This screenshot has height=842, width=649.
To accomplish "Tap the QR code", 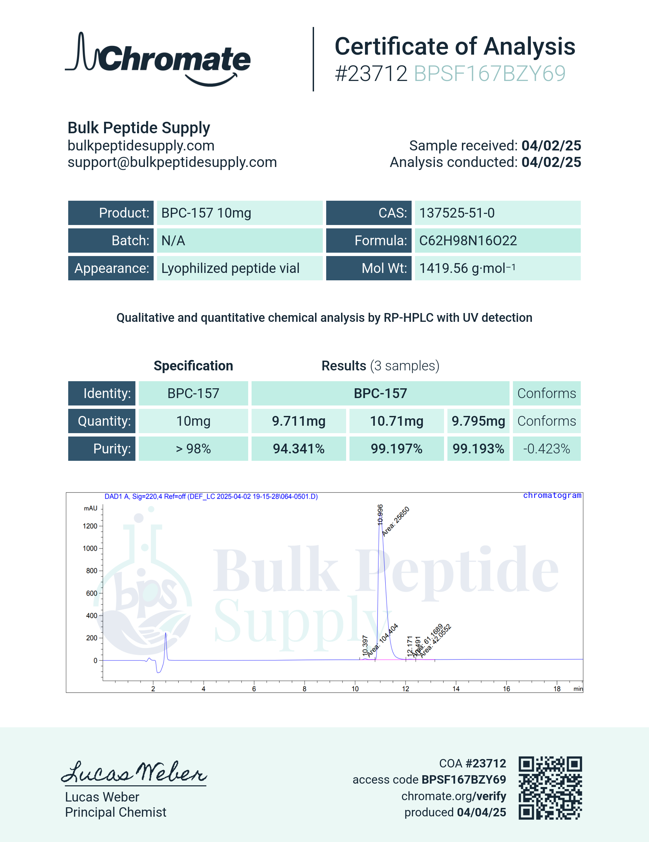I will [550, 787].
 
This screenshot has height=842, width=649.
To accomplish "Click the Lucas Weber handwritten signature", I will [134, 772].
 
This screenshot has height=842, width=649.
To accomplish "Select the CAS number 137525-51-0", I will [457, 213].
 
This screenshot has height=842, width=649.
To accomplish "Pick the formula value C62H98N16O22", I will [468, 241].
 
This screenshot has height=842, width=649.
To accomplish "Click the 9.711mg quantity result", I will [298, 421].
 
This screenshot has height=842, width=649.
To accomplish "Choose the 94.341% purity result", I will [298, 449].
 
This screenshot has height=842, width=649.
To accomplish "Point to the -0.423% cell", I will [546, 449].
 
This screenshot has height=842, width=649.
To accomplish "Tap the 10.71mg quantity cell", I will [397, 421].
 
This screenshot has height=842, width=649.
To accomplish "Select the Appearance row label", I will [111, 268].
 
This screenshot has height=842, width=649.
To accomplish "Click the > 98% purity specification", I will [193, 449].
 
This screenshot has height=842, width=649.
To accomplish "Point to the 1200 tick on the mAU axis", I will [90, 526].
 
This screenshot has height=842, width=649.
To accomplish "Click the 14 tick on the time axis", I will [456, 689].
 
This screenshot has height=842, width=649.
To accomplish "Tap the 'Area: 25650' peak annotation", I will [395, 521].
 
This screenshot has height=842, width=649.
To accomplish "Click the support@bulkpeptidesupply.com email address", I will [172, 162].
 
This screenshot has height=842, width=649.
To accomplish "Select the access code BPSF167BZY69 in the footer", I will [463, 780].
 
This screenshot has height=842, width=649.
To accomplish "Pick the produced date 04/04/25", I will [481, 812].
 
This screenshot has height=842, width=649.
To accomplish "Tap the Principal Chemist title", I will [115, 812].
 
